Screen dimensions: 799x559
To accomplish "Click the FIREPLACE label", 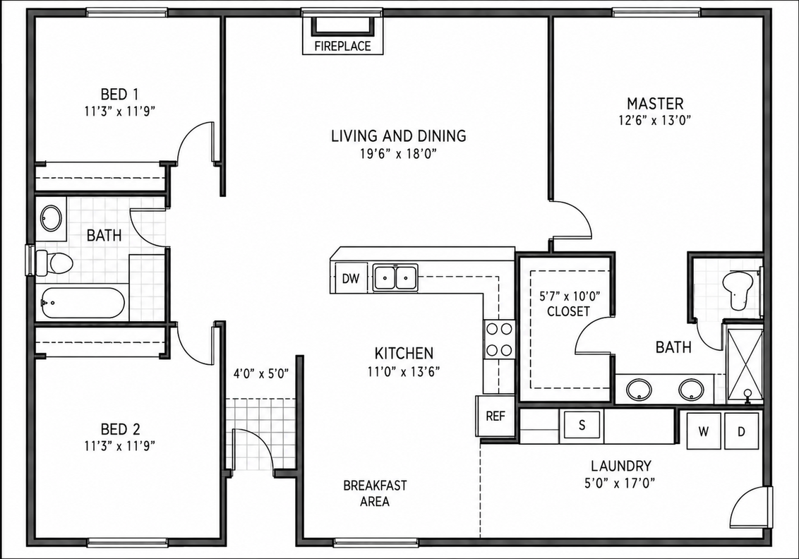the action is coord(342,47).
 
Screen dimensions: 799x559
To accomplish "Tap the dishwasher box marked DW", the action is coord(351,278).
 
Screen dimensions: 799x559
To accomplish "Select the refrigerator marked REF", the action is coord(495,416).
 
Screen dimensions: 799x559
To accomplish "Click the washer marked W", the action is coord(704,431).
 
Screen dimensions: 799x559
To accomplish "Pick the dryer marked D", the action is coord(741,431).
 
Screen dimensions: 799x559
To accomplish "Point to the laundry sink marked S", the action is coord(582,425).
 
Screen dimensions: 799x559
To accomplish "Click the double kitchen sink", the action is coord(395,277).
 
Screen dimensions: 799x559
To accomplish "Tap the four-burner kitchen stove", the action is coord(499,339).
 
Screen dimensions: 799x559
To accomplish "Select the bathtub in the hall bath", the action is coord(83,303).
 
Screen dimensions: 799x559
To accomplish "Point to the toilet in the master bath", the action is coord(740,290).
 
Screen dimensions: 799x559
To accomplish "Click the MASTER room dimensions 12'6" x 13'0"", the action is coord(655,120).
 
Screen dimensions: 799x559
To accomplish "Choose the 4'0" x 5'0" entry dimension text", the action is coord(261,373).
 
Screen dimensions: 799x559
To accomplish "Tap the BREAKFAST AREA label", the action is coord(375,493).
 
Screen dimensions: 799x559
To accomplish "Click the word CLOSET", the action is coord(569,311).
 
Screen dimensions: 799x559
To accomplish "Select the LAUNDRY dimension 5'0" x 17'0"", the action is coord(620,482).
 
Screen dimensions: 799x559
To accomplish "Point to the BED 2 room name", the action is coord(120,429).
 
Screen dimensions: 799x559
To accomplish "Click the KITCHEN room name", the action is coord(404,353).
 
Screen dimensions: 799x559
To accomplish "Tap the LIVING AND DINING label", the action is coord(399,136).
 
